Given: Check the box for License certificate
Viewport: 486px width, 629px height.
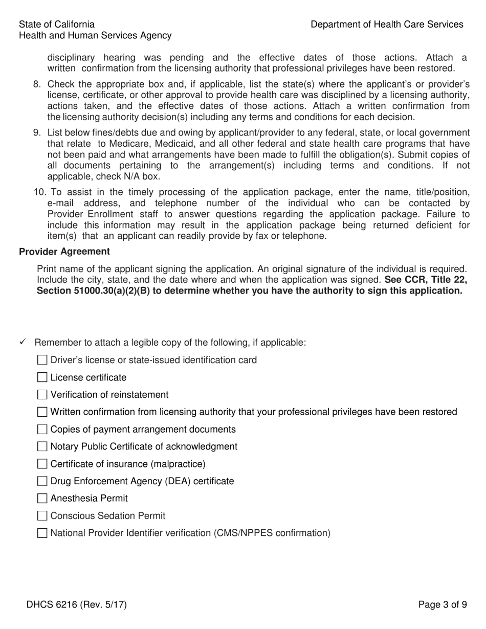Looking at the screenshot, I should tap(42, 378).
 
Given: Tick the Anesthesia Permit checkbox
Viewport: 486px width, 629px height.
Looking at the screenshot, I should tap(42, 499).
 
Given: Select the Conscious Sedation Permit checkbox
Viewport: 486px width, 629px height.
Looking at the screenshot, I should tap(42, 516).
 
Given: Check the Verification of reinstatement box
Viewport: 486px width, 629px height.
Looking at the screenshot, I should tap(42, 395).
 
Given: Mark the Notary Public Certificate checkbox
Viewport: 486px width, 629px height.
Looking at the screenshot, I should tap(42, 447).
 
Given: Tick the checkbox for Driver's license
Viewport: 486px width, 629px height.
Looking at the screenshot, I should tap(42, 361).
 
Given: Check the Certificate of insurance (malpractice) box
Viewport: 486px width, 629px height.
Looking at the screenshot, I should tap(42, 464).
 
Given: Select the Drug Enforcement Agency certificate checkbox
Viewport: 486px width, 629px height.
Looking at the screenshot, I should tap(42, 482).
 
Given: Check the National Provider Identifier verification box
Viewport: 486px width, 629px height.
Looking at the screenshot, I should tap(42, 533).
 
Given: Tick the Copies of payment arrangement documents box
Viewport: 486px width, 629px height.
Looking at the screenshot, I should tap(42, 430).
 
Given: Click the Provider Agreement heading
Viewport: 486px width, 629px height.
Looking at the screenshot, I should tap(64, 252).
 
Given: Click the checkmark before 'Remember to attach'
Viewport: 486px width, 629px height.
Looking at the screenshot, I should tap(23, 342).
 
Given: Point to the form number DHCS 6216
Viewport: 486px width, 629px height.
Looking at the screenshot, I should tap(77, 605).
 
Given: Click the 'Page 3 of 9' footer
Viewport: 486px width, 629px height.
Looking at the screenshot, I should tap(442, 605).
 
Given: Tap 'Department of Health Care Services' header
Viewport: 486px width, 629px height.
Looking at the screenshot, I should tap(387, 25).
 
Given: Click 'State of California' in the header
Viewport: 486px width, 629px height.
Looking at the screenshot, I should tap(56, 25).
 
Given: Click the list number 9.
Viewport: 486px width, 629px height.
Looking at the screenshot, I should tap(37, 133).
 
